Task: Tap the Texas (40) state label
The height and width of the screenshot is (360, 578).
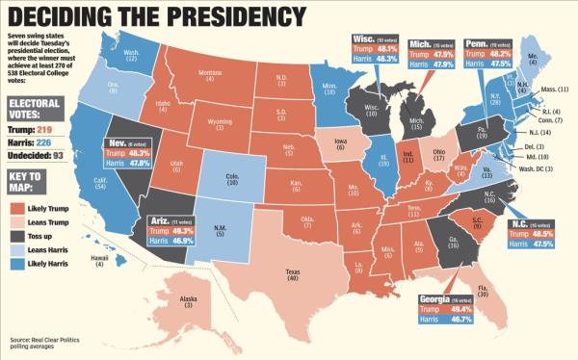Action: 291,275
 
